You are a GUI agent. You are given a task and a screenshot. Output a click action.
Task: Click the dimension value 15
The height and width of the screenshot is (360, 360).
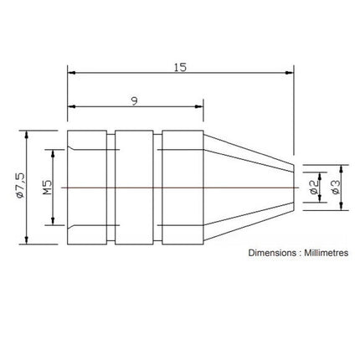coord(180,66)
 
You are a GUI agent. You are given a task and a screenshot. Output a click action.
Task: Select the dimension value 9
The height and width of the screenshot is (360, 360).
coord(134,100)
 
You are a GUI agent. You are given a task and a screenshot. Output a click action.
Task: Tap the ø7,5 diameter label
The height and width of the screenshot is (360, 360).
coord(18,188)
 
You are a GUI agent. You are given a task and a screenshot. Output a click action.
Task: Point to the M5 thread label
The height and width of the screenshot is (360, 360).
coord(47,188)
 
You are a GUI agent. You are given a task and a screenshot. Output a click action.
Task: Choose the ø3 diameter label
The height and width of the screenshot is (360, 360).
coord(336,188)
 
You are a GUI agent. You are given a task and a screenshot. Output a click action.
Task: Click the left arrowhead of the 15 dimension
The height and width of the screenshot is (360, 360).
coord(70,74)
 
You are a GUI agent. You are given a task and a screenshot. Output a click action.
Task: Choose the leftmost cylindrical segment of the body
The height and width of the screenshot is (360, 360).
coord(86,188)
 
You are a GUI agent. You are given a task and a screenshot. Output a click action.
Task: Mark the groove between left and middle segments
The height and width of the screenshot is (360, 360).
coord(111,188)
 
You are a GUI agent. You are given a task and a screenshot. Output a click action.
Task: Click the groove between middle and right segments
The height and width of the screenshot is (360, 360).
coord(157,188)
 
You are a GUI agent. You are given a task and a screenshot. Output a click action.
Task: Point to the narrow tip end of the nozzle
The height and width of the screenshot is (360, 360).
coord(293,188)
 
